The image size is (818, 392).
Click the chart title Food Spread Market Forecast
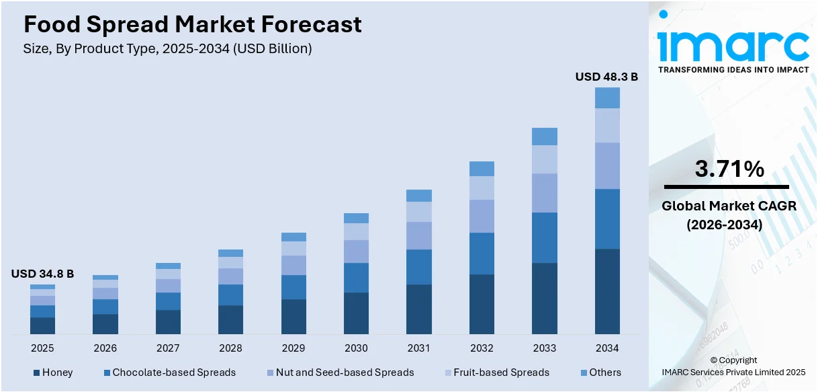click(x=193, y=25)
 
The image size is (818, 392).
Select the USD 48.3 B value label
click(x=606, y=77)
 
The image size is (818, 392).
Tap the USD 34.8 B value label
click(x=42, y=274)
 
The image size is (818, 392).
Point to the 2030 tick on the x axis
click(x=356, y=348)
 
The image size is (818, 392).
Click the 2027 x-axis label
click(x=168, y=348)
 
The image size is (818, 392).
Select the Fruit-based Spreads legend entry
click(x=496, y=373)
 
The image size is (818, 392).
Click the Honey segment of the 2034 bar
click(x=607, y=291)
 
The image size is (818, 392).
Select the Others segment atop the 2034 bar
click(x=607, y=98)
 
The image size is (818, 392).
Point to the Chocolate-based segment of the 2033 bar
click(x=545, y=237)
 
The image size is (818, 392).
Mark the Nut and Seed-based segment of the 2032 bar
click(x=482, y=216)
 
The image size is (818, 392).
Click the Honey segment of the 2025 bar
click(x=42, y=325)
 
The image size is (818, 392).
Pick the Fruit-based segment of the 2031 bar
click(x=419, y=212)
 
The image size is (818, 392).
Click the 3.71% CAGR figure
click(x=729, y=169)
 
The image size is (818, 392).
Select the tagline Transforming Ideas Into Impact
click(x=733, y=69)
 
